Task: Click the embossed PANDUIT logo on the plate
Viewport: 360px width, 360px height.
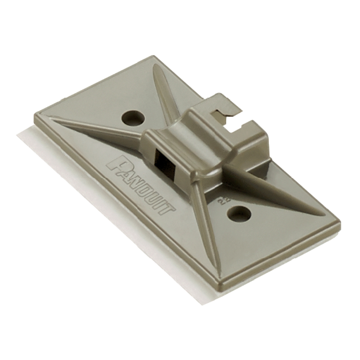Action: pos(140,185)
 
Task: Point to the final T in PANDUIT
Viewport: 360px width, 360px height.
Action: pos(167,208)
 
